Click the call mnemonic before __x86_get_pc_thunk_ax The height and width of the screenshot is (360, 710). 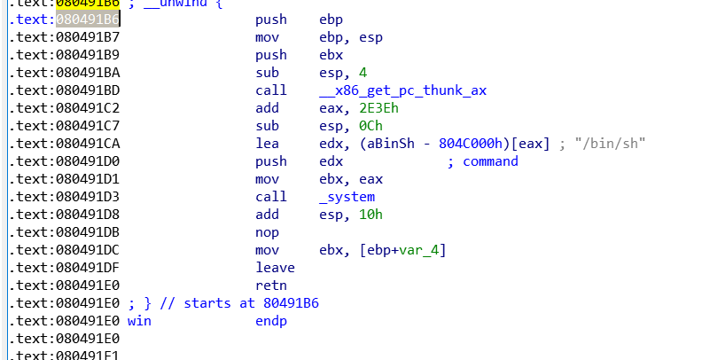coord(270,90)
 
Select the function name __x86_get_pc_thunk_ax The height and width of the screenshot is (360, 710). coord(402,90)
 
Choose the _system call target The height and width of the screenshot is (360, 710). coord(347,196)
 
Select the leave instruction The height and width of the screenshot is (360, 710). coord(275,267)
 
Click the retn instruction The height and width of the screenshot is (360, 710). coord(270,285)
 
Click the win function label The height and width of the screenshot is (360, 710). coord(139,320)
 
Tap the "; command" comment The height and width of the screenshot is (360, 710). coord(482,160)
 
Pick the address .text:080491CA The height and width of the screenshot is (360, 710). coord(63,143)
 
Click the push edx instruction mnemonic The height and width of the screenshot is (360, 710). coord(270,160)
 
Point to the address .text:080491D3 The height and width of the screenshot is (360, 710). coord(63,196)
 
